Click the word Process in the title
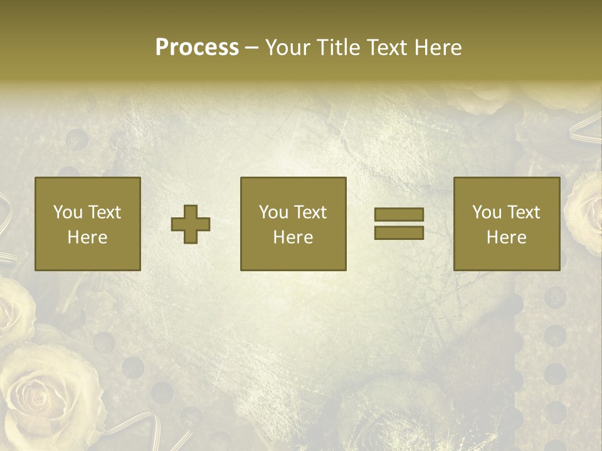[x=197, y=48]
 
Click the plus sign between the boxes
[x=191, y=224]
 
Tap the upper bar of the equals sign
[x=399, y=215]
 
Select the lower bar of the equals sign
[x=399, y=232]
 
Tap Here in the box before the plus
[x=87, y=237]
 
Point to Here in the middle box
[x=293, y=237]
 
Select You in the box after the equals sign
[x=487, y=212]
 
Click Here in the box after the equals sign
[x=506, y=237]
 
